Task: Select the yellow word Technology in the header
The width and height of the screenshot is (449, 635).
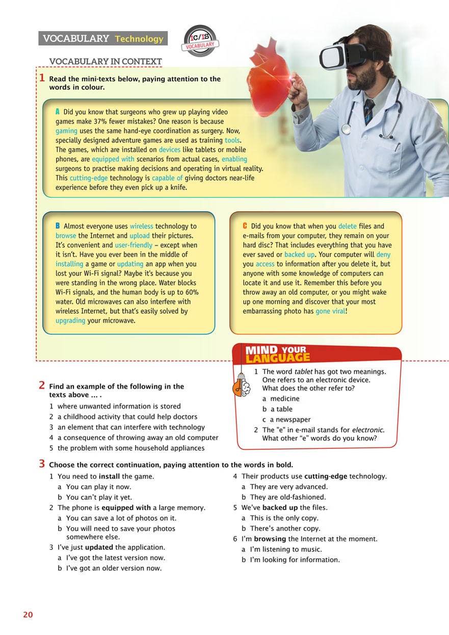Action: click(x=139, y=39)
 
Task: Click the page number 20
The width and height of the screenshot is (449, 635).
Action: click(x=28, y=615)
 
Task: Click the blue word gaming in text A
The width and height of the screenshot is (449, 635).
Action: click(x=66, y=131)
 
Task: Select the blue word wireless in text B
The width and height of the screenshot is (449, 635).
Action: click(x=141, y=226)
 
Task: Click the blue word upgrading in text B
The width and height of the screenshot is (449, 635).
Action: click(x=70, y=321)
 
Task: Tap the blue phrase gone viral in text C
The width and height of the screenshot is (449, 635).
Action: click(x=330, y=311)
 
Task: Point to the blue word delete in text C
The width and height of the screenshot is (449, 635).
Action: click(x=347, y=226)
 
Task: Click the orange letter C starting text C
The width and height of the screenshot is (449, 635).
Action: click(x=245, y=226)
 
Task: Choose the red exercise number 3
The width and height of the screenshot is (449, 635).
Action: click(x=42, y=464)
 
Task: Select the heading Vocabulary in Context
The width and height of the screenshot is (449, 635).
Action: click(x=105, y=62)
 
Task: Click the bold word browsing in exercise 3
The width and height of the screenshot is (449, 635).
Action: click(x=270, y=539)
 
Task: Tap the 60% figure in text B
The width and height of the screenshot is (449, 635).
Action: click(x=190, y=292)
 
